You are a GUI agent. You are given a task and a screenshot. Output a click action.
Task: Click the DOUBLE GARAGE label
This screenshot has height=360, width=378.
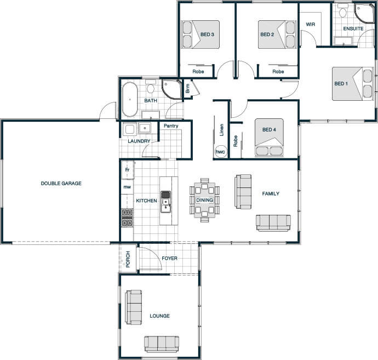(61, 183)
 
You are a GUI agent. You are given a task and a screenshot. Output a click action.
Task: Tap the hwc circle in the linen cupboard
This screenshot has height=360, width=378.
(221, 152)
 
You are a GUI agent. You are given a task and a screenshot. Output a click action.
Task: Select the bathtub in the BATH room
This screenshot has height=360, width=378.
(130, 99)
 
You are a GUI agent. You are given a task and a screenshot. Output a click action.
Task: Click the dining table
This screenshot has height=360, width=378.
(204, 200)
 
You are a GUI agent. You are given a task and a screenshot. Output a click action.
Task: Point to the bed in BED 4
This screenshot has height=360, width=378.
(269, 137)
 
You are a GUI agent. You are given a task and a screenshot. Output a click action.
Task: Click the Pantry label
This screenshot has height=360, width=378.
(171, 125)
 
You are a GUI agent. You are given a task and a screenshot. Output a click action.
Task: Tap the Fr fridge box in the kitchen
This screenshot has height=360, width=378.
(128, 170)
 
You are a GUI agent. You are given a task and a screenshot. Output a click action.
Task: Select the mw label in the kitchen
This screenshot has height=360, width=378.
(127, 187)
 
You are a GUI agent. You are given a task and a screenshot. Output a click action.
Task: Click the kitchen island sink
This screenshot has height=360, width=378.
(165, 202)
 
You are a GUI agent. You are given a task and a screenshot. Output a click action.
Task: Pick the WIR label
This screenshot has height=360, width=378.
(310, 24)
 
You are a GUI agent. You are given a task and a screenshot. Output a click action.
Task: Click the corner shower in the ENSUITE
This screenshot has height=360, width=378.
(364, 13)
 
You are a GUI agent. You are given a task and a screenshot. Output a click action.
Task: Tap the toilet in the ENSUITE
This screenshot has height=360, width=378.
(342, 10)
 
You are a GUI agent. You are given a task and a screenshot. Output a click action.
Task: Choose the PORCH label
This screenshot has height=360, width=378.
(128, 259)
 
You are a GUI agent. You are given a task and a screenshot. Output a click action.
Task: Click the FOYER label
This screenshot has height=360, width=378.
(169, 258)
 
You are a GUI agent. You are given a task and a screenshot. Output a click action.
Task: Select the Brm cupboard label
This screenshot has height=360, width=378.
(188, 88)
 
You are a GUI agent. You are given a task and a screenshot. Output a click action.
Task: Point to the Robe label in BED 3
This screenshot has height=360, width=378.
(198, 71)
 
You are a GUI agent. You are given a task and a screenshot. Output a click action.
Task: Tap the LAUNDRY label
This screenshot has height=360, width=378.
(139, 141)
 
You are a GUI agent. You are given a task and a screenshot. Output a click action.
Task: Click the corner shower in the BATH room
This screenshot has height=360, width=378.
(171, 89)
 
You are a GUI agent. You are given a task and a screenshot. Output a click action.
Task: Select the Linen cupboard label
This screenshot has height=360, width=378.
(222, 130)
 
